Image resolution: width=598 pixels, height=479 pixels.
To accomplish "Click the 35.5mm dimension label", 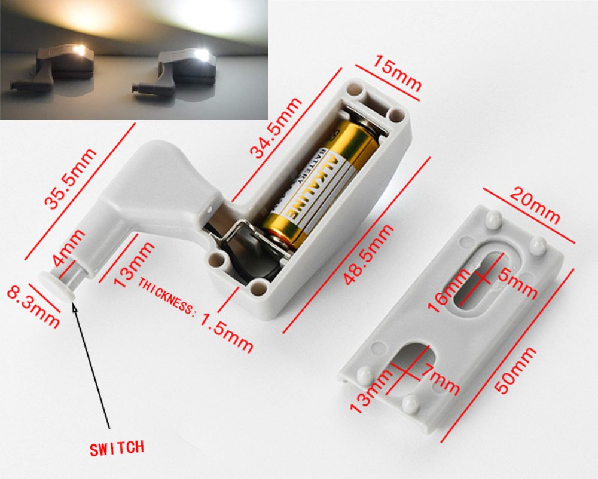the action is click(x=70, y=179).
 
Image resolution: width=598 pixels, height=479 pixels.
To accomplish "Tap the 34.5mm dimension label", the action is click(x=275, y=128).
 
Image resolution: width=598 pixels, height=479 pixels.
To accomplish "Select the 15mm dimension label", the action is click(x=396, y=73).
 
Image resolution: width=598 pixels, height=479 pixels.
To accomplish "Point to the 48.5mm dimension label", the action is click(x=369, y=254).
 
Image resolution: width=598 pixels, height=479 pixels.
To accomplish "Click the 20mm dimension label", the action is click(x=535, y=205).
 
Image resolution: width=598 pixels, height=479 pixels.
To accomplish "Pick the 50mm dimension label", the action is click(x=515, y=370).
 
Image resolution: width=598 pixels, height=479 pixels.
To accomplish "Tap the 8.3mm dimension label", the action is click(x=33, y=307).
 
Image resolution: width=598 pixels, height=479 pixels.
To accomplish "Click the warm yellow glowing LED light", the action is click(x=80, y=50).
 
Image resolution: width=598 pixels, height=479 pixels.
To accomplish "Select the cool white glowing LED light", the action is click(x=202, y=55).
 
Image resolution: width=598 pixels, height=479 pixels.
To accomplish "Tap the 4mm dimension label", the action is click(x=68, y=248).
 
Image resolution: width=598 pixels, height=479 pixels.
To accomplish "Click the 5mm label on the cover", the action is click(x=517, y=281).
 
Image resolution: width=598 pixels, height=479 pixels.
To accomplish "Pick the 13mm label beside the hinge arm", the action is click(x=133, y=265).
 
